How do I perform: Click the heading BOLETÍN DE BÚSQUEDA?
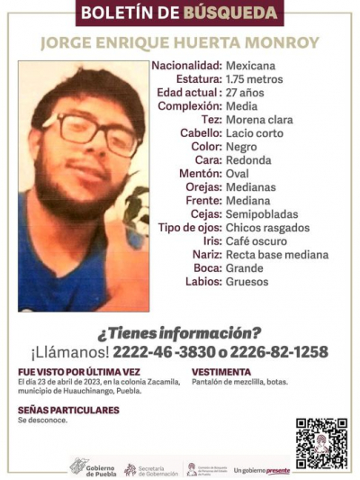click(x=181, y=13)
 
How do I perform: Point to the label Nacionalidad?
click(x=186, y=66)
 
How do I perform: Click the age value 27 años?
click(x=245, y=92)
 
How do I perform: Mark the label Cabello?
click(x=198, y=132)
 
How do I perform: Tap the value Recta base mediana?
click(x=276, y=255)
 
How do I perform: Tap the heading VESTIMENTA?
click(x=221, y=371)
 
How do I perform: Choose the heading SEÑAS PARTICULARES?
click(x=68, y=410)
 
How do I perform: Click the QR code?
click(x=321, y=444)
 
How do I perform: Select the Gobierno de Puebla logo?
click(x=93, y=467)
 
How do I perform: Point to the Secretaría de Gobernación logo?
click(x=150, y=468)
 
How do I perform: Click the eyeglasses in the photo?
click(x=90, y=133)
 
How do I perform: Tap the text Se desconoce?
click(x=40, y=421)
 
